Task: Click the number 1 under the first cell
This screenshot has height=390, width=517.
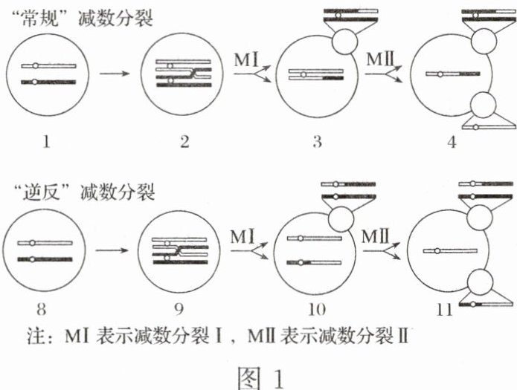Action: pos(46,139)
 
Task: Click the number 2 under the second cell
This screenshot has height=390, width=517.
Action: pos(182,139)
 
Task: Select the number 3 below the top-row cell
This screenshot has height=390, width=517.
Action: pos(316,140)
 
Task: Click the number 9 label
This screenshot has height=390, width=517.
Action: pos(182,305)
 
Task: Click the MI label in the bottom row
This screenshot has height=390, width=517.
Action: pos(243,236)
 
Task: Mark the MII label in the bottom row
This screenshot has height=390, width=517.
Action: pos(377,236)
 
